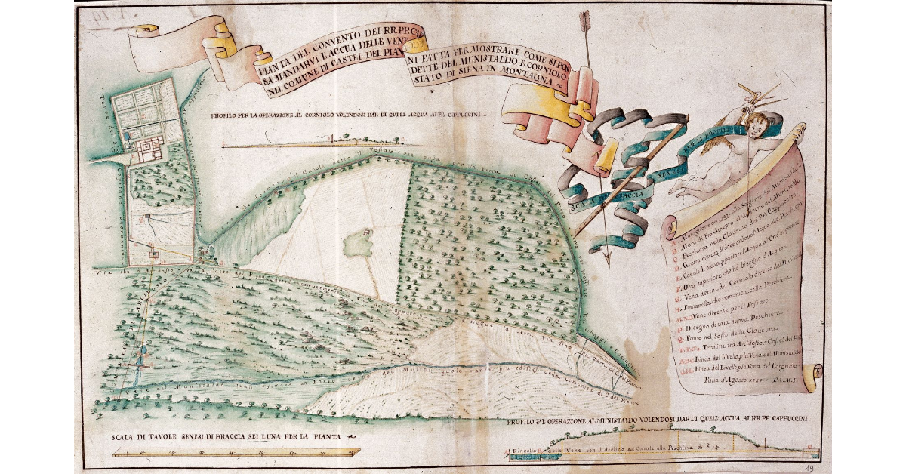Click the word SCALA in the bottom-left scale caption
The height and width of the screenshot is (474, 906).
[124, 437]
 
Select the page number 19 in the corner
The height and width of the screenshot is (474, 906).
[809, 468]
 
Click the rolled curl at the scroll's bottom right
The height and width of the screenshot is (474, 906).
[809, 378]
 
